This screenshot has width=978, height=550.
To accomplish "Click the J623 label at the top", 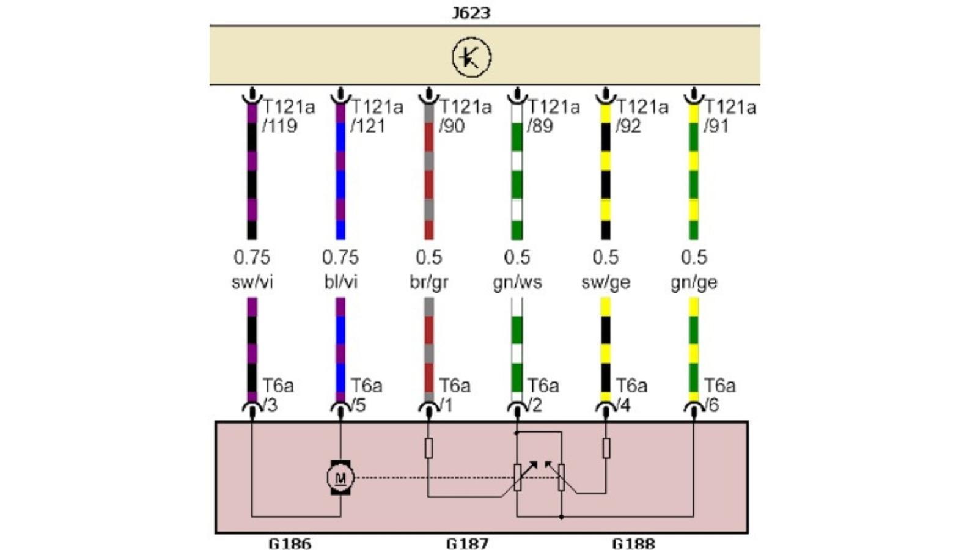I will click(471, 12).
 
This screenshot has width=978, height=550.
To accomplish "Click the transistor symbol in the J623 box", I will click(471, 57).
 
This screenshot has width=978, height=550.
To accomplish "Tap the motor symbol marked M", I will click(340, 477).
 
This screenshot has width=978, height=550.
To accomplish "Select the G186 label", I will click(290, 543).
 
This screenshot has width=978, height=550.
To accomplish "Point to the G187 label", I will click(467, 543).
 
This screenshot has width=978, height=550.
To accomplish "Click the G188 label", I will click(633, 543).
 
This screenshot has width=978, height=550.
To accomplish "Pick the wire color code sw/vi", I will click(252, 282).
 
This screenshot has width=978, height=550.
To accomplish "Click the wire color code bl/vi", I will click(340, 282).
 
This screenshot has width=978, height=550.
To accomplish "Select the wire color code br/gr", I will click(428, 282).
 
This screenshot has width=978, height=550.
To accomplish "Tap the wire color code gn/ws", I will click(517, 282).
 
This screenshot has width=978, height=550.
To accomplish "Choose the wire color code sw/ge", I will click(605, 282).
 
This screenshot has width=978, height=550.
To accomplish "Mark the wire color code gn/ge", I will click(694, 282).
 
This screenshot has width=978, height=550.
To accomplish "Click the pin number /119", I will click(280, 126).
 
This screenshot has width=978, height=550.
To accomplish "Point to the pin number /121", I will click(368, 126).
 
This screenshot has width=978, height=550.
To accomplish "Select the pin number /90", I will click(452, 126).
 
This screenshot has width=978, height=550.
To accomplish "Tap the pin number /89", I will click(540, 126).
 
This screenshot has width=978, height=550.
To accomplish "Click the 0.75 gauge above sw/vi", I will click(252, 257).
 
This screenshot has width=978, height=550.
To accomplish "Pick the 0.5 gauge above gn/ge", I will click(694, 257).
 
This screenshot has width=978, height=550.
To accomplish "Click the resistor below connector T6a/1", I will click(428, 448).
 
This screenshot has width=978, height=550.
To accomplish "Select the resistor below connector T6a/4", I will click(606, 448).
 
